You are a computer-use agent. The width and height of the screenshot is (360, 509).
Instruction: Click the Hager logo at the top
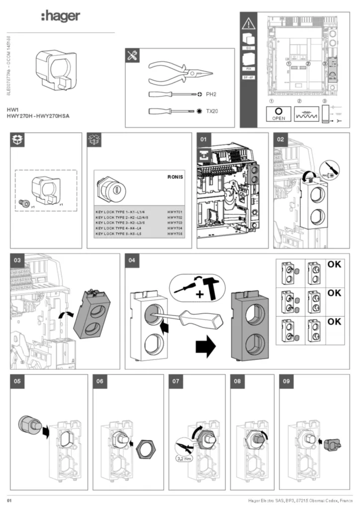tap(60, 16)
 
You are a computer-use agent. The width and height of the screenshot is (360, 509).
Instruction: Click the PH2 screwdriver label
tap(212, 93)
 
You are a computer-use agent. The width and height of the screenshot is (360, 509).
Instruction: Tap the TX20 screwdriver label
tap(212, 111)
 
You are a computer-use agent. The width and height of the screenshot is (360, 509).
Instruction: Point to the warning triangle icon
tap(248, 24)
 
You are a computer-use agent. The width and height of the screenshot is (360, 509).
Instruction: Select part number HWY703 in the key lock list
tap(175, 223)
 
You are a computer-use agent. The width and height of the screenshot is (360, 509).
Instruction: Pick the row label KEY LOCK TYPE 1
tap(119, 212)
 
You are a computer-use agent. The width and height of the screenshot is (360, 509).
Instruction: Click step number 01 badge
tap(204, 140)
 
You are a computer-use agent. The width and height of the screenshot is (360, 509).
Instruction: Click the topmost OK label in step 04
tap(334, 264)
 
